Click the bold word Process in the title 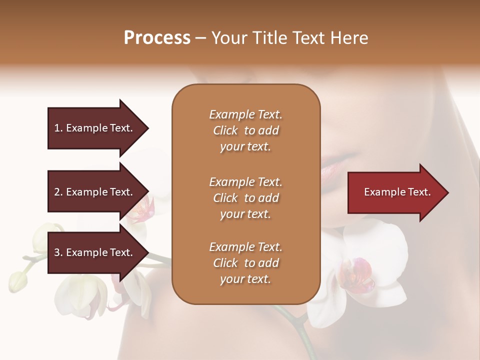157,38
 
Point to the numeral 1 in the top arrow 57,128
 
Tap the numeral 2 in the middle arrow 57,192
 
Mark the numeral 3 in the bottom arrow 57,252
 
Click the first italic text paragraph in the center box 245,130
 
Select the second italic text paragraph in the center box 245,198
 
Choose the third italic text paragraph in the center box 245,263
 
